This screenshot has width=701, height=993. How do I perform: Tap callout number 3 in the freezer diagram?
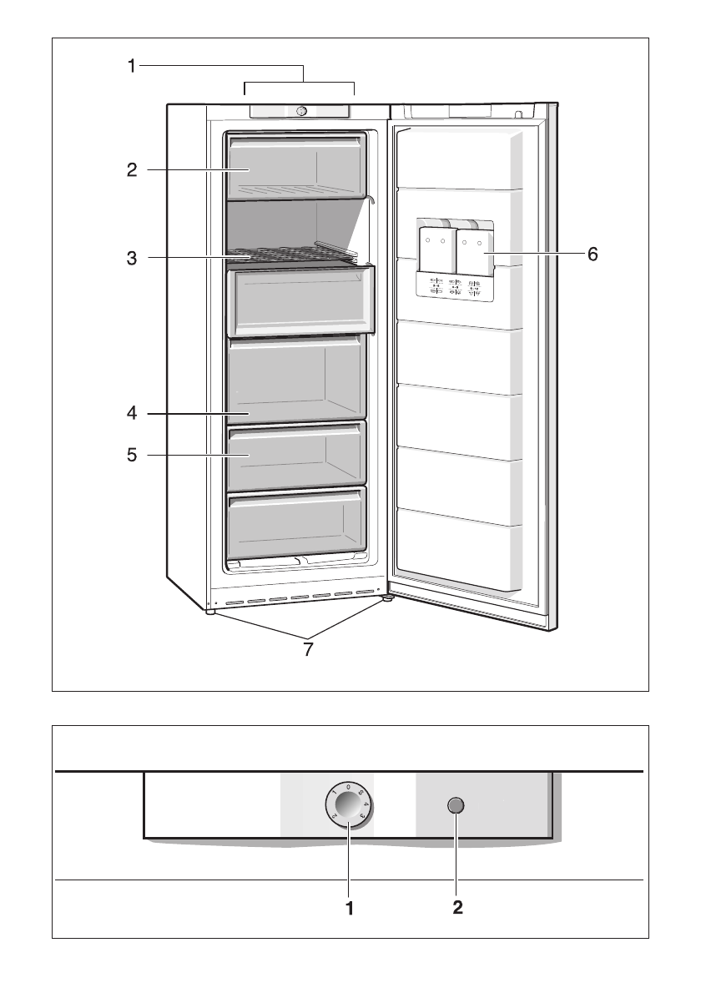click(132, 258)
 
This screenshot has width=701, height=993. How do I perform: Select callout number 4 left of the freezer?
click(132, 413)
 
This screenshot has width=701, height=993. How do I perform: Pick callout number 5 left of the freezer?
click(132, 456)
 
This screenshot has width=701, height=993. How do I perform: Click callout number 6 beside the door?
click(592, 254)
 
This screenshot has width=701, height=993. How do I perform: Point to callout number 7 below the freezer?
click(308, 648)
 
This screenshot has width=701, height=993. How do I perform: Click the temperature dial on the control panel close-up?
click(350, 806)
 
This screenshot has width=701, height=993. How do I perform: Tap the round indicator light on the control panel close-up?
click(456, 805)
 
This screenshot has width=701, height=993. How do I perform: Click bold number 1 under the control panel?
click(350, 908)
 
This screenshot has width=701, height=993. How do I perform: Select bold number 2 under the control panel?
click(456, 908)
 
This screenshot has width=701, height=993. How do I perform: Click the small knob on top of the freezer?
click(301, 111)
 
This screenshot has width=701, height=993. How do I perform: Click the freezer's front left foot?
click(209, 611)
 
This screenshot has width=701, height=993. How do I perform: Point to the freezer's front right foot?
click(388, 597)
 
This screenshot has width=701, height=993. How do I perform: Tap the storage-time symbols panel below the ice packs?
click(455, 288)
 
